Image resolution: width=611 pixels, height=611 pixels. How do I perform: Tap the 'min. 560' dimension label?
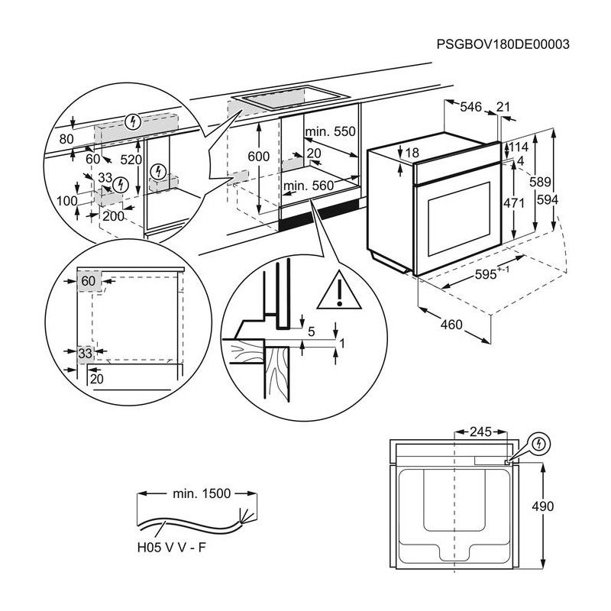[x=309, y=186]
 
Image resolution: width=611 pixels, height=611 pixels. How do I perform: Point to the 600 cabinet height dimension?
[x=260, y=157]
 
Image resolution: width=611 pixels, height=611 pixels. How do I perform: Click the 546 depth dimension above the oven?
[x=470, y=108]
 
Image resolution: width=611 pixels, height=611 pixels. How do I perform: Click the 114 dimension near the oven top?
[x=519, y=147]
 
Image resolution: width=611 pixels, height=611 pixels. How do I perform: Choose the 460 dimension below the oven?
[x=452, y=325]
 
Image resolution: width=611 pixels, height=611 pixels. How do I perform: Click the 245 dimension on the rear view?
[x=479, y=432]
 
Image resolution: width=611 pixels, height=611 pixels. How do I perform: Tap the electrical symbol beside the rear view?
[x=538, y=443]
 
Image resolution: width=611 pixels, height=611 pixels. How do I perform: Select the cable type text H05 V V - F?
[x=172, y=547]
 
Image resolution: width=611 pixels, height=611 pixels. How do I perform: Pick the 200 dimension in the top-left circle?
[x=113, y=217]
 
